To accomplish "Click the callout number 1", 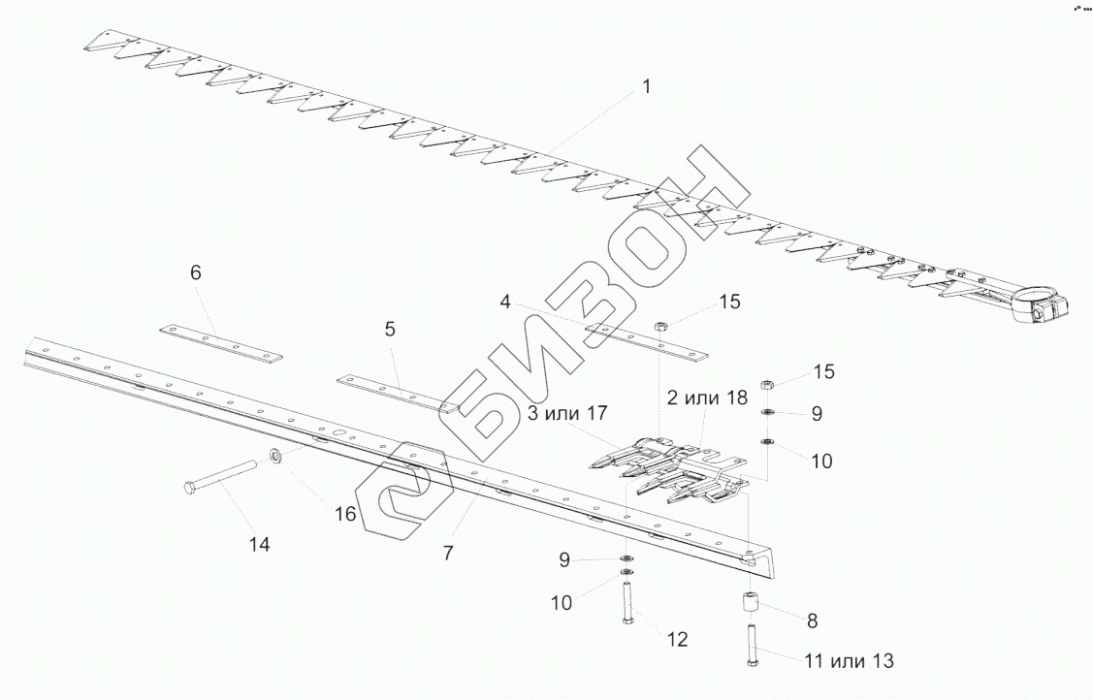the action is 646,86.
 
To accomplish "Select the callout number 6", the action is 195,273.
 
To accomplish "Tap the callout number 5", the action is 390,330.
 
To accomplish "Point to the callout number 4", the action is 505,302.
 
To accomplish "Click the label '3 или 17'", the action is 567,413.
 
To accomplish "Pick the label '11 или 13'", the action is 849,661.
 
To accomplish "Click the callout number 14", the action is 258,544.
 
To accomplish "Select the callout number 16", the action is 345,513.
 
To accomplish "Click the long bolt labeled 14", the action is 219,476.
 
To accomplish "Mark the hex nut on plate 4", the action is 659,326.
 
